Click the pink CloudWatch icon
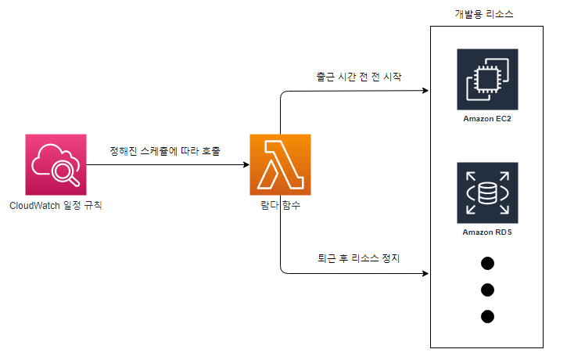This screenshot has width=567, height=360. (56, 164)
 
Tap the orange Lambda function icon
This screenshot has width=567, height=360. (280, 164)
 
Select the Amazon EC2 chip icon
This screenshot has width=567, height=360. (487, 79)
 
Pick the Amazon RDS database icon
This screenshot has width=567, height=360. (487, 193)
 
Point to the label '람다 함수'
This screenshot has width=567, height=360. (280, 206)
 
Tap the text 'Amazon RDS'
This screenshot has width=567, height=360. (487, 232)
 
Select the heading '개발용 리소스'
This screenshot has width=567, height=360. (484, 15)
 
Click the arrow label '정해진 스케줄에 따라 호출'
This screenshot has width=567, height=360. (165, 150)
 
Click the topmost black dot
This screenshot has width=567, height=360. (488, 263)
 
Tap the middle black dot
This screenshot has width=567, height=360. (488, 290)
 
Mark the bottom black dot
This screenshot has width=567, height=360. (488, 316)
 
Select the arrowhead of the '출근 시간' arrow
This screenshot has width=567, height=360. (426, 92)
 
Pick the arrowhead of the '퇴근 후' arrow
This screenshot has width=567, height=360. (426, 274)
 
